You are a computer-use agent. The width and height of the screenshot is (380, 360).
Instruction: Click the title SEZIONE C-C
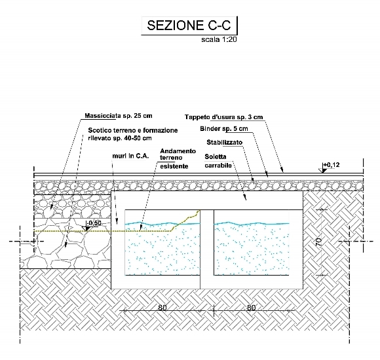189,25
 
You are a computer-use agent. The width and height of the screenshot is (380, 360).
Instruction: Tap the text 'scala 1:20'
219,39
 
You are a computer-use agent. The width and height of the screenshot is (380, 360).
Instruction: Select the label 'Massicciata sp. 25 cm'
119,116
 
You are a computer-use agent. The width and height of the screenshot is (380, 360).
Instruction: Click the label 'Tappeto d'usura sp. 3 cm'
223,117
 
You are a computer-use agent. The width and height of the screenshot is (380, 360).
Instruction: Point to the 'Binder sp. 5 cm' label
224,129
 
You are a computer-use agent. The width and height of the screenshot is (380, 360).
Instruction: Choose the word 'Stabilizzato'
225,142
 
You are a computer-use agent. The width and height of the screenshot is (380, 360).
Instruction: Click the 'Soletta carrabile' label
218,161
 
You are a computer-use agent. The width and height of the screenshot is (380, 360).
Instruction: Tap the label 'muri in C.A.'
130,156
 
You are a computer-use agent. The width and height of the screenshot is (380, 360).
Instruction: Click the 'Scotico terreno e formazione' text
133,130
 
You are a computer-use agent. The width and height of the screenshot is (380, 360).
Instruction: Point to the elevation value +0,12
332,165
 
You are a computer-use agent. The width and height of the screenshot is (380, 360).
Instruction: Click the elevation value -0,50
94,223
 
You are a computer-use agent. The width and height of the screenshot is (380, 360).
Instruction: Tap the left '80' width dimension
162,308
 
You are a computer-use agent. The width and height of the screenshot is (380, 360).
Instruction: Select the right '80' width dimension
252,308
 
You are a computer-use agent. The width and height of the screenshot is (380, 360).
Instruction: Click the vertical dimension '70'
318,242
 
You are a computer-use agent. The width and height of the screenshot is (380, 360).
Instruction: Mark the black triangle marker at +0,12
324,171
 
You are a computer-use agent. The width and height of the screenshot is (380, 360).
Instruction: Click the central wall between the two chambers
207,249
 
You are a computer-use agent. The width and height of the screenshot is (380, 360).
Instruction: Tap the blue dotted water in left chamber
162,249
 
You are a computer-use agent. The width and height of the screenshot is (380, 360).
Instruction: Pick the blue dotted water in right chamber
252,249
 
